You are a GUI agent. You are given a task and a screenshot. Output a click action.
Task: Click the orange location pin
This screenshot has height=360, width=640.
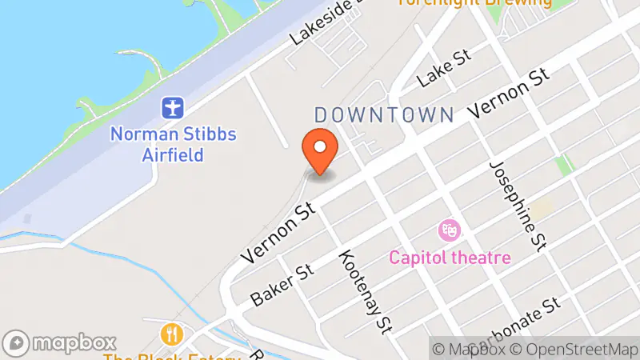[320, 150]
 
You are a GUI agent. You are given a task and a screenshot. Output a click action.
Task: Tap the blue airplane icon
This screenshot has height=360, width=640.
[173, 107]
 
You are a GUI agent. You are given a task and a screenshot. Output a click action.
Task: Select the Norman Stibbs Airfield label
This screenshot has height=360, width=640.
[174, 143]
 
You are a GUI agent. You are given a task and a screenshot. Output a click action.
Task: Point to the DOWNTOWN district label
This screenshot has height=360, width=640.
[384, 114]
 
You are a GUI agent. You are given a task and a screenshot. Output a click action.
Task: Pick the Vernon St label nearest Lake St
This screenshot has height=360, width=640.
[510, 95]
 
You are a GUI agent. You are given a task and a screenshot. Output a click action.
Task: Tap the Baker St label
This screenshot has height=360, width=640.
[280, 285]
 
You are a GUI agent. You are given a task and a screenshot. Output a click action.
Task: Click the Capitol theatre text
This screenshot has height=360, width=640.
[450, 258]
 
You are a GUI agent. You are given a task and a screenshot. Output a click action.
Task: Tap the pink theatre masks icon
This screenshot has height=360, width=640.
[449, 231]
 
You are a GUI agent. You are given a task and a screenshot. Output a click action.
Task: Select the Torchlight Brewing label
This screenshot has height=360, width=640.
[476, 3]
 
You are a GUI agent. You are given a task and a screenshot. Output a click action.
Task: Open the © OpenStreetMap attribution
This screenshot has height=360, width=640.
[575, 349]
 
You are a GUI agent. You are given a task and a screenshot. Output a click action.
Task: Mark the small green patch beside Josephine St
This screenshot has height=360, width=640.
[566, 165]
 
